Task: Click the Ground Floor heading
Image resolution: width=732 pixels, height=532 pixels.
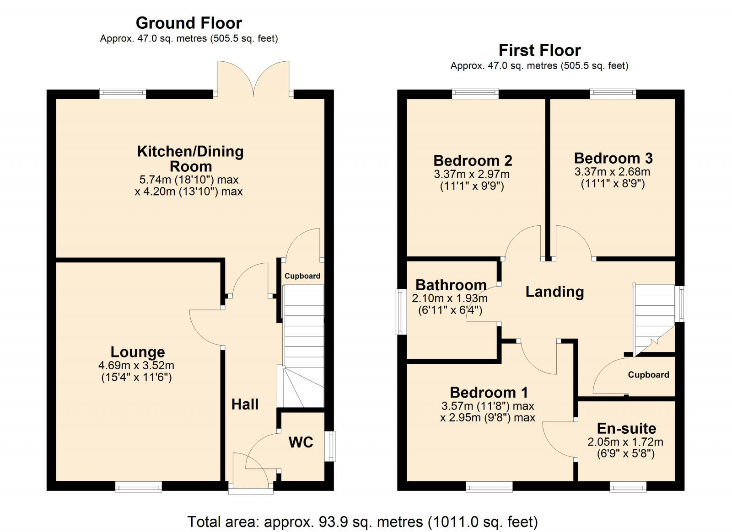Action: point(188,23)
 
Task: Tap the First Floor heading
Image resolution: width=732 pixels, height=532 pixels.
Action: point(539,50)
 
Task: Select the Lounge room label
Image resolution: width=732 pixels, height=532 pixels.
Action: point(138,352)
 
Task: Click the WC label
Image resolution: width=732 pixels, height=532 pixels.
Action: point(301,442)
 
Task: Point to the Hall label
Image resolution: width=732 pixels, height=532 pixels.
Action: point(245,404)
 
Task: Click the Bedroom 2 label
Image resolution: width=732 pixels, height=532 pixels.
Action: point(473,160)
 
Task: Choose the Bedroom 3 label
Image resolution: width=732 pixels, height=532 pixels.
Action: point(613,158)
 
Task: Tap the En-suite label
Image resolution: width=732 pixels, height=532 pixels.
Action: point(626,428)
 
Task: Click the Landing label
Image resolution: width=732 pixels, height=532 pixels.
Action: point(554,292)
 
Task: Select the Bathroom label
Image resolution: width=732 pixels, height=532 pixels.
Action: point(451,285)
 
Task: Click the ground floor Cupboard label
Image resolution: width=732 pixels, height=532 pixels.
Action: point(302,276)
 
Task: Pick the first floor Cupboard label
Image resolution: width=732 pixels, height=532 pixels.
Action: point(648,375)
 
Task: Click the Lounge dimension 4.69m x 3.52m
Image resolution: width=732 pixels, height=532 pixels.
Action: point(136,366)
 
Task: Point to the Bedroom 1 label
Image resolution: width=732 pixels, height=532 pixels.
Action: point(489,392)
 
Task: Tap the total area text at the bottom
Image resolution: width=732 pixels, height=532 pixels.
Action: point(362,521)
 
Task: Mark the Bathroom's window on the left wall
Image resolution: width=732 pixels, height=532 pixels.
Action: point(401,311)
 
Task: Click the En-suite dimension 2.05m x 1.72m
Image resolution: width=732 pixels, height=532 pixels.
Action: point(625,442)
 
